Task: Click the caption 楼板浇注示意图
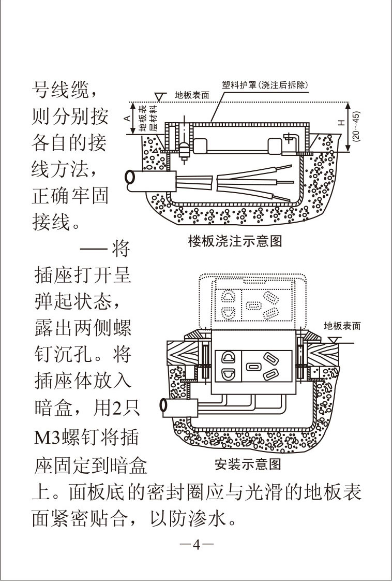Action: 235,242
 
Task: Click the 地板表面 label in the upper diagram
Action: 191,95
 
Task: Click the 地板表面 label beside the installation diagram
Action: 342,326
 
